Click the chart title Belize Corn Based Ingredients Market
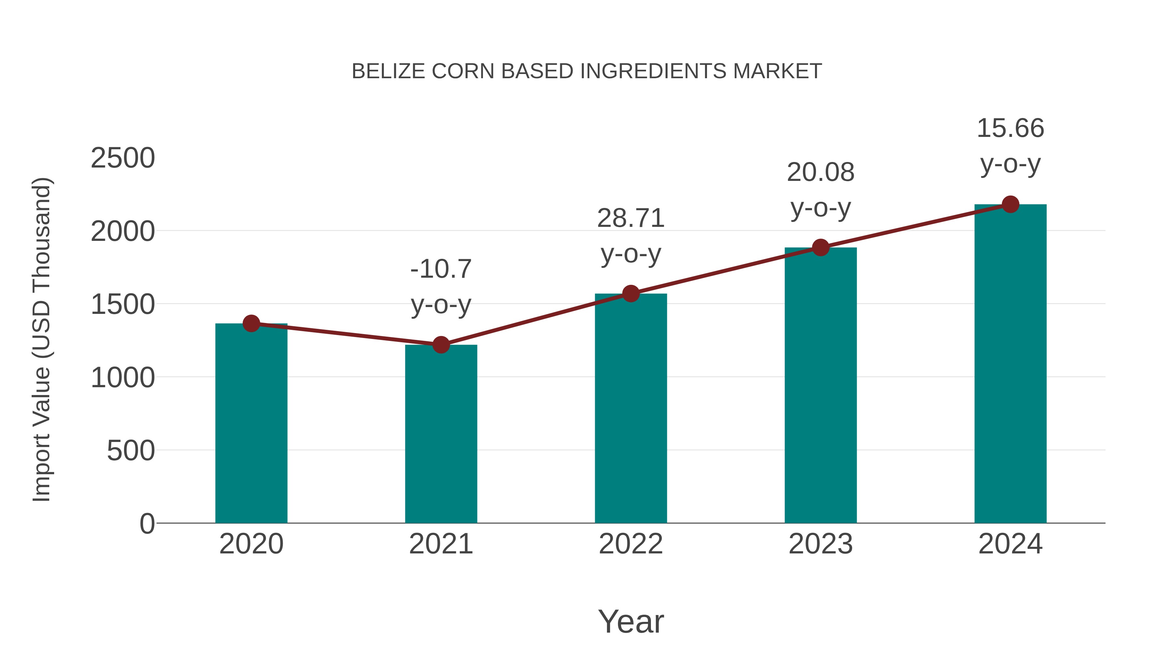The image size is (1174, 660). [x=587, y=71]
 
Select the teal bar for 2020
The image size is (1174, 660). [x=251, y=424]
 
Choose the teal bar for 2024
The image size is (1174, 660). [x=1010, y=364]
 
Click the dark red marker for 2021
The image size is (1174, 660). [x=441, y=345]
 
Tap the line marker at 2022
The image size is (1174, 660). [x=631, y=294]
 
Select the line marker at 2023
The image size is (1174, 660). [x=820, y=248]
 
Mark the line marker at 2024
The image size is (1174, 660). [x=1010, y=204]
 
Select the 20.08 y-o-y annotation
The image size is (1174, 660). [x=820, y=190]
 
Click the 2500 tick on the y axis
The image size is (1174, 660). [x=123, y=158]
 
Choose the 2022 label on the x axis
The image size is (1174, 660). [x=631, y=544]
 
